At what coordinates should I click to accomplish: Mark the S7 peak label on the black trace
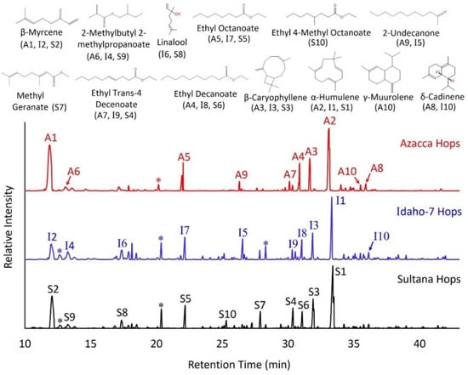(260, 304)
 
